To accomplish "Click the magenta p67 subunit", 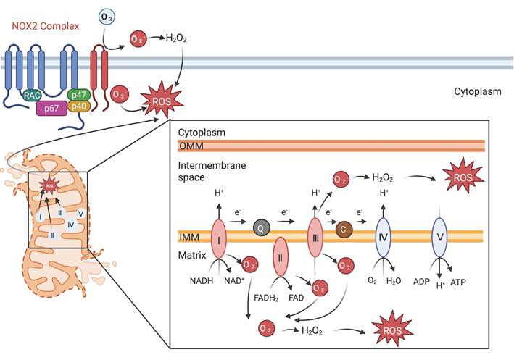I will click(x=51, y=109).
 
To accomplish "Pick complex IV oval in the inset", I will click(x=385, y=237).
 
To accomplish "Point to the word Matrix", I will click(x=192, y=256).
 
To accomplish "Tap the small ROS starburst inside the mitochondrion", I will click(x=49, y=186).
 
